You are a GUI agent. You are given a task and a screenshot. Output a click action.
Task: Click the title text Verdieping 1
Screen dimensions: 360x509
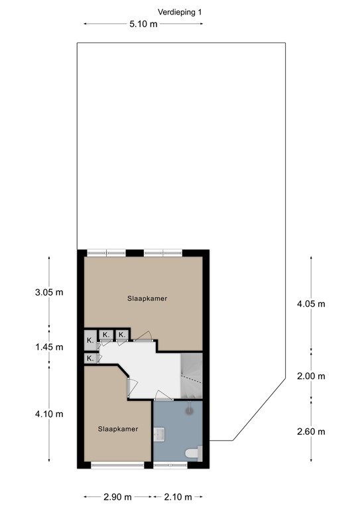coord(180,13)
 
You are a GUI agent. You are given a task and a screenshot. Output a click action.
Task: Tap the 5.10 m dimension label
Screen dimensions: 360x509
coord(143,24)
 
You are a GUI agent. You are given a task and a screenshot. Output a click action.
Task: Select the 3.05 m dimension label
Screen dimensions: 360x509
coord(49,292)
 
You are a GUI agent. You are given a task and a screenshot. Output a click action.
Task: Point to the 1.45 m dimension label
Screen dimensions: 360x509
coord(49,347)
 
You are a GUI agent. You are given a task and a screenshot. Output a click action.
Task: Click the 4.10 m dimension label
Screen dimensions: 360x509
coord(49,414)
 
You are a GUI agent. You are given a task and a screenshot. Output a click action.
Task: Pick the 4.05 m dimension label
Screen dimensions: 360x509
coord(311,304)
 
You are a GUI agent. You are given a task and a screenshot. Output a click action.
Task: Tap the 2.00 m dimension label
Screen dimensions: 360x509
coord(311,376)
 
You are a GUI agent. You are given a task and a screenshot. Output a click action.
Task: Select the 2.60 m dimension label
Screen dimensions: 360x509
coord(311,431)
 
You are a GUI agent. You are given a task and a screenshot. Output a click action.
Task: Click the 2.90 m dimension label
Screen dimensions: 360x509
coord(117,496)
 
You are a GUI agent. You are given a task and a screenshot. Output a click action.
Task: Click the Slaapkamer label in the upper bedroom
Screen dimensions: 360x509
coord(147,298)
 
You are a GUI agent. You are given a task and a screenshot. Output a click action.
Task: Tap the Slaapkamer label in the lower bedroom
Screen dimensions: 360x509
coord(118,429)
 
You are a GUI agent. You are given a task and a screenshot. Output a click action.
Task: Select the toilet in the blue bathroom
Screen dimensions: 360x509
coord(194,453)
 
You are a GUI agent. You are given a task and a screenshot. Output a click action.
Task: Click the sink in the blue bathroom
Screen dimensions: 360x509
coord(159,434)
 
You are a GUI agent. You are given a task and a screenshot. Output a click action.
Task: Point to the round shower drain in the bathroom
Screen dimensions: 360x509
coord(189,411)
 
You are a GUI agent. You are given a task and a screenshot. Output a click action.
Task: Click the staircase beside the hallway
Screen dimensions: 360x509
coord(192,376)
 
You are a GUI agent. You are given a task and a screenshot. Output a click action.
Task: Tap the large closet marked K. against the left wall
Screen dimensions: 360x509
coord(91,340)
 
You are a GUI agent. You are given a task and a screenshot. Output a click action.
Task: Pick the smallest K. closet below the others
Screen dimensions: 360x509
coord(91,359)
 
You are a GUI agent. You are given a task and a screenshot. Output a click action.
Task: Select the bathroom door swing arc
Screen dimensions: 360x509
coord(164,395)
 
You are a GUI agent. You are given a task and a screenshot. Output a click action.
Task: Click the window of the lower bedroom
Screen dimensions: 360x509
coord(117,465)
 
